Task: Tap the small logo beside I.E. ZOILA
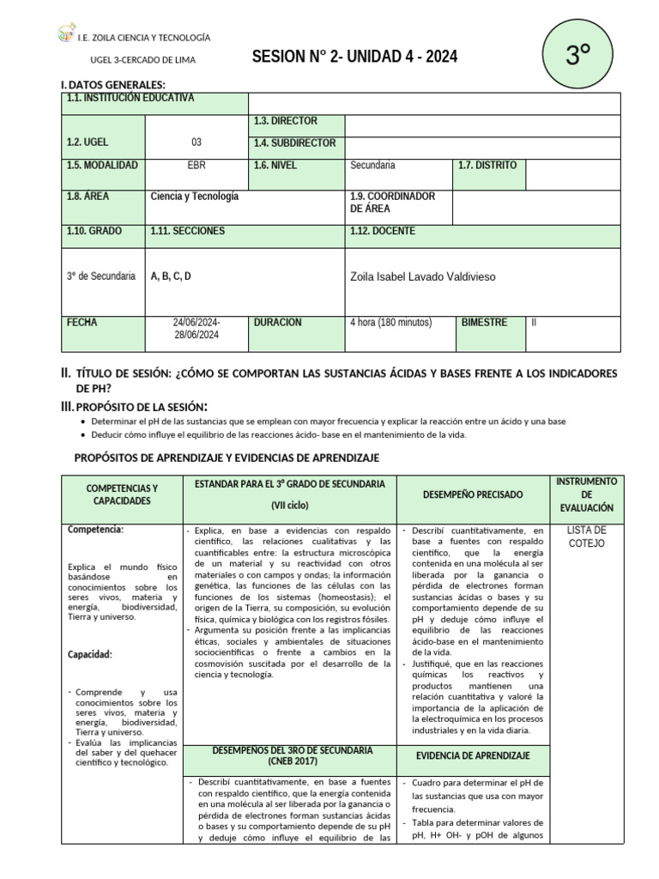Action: click(x=65, y=34)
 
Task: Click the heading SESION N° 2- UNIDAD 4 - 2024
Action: click(x=354, y=58)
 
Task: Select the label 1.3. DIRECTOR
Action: click(x=285, y=121)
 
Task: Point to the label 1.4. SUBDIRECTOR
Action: click(x=294, y=143)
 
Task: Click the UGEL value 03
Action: click(x=196, y=142)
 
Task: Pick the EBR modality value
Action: click(x=196, y=165)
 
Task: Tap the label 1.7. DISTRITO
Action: click(x=487, y=165)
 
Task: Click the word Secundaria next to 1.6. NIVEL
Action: click(x=373, y=165)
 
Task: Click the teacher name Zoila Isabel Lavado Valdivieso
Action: click(x=423, y=276)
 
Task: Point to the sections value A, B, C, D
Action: click(x=171, y=276)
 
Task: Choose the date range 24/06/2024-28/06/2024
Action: click(x=196, y=329)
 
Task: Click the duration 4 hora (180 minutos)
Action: click(x=390, y=323)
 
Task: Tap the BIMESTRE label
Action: click(x=484, y=323)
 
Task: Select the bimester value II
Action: click(x=535, y=323)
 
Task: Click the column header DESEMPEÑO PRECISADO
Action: click(x=472, y=495)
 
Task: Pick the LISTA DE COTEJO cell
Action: click(x=587, y=536)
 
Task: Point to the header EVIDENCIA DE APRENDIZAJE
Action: click(x=472, y=755)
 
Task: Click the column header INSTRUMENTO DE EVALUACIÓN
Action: click(x=587, y=495)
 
